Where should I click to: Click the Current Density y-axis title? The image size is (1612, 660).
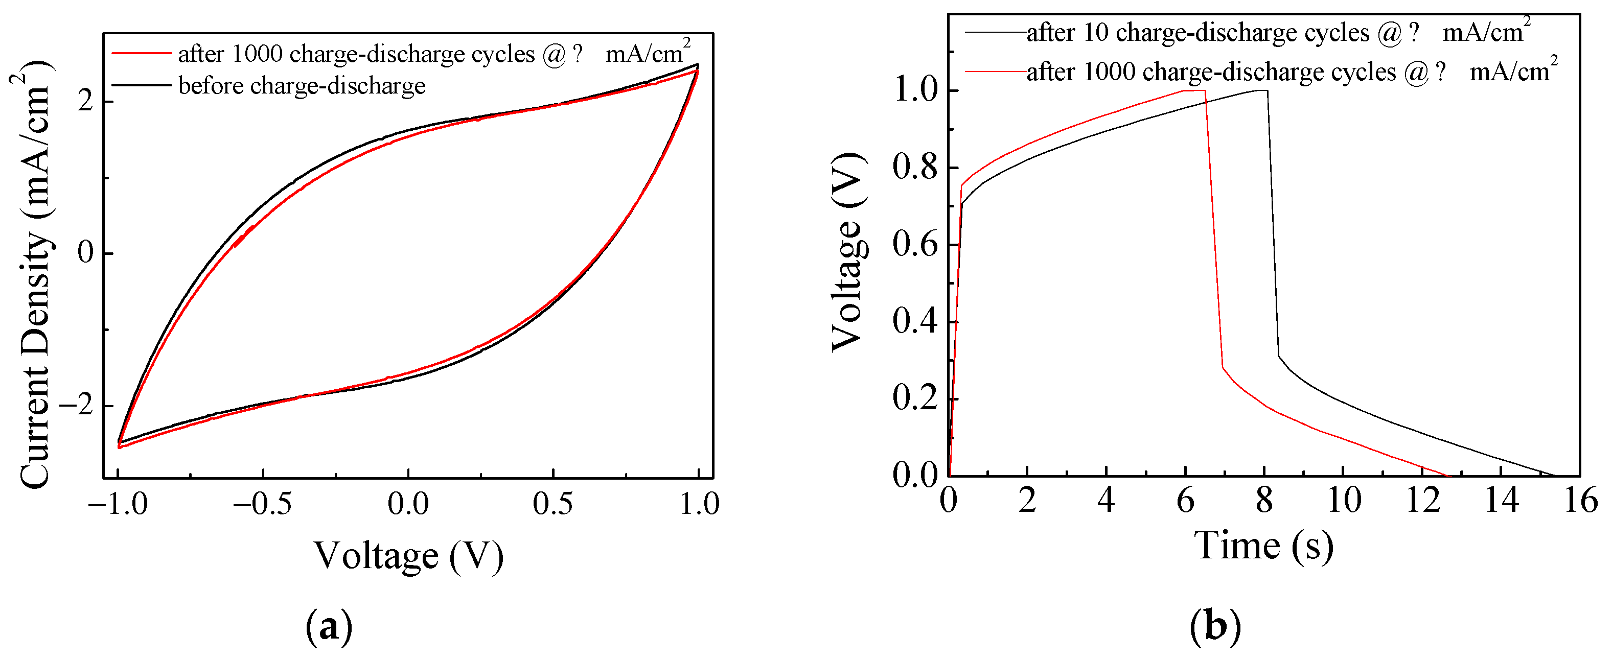[x=34, y=275]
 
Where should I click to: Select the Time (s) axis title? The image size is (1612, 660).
[x=1263, y=546]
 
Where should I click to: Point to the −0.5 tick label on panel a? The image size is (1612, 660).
[x=262, y=504]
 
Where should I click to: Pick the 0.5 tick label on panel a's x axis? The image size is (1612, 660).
[x=552, y=504]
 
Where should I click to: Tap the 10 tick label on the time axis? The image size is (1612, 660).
[x=1344, y=501]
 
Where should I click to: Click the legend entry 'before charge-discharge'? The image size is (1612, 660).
[x=302, y=86]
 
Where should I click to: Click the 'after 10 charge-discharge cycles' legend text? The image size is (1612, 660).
[x=1202, y=33]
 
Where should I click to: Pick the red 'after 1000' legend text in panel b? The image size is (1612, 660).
[x=1214, y=72]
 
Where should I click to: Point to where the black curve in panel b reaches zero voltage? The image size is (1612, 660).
[x=1554, y=475]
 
